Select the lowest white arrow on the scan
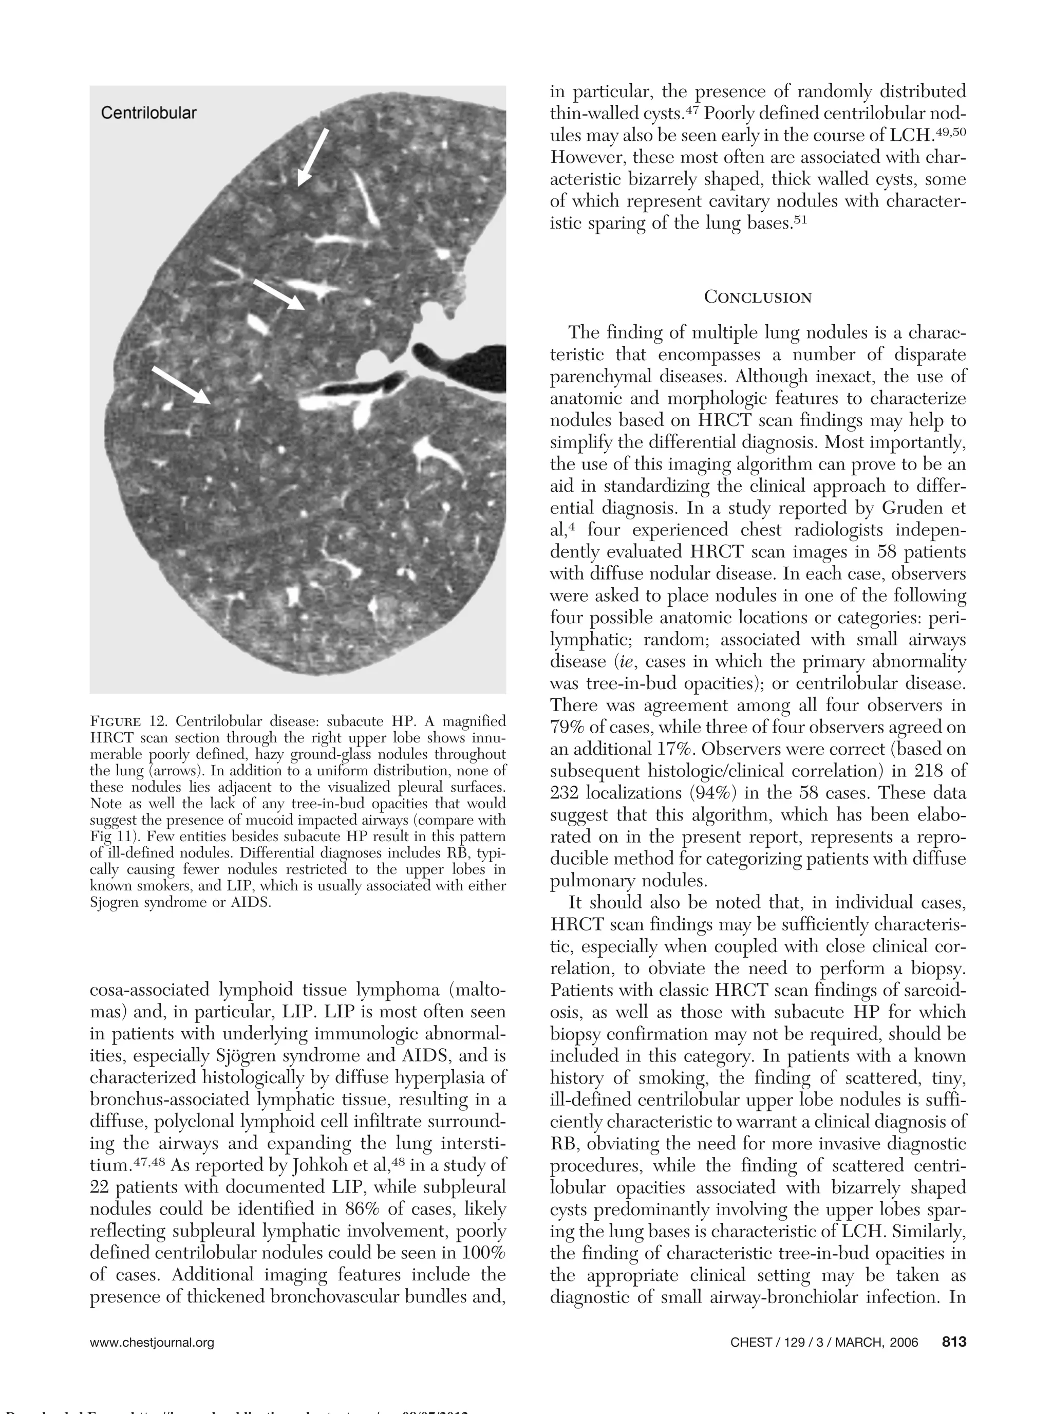(181, 385)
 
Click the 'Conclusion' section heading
(757, 297)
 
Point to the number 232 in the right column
(566, 793)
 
